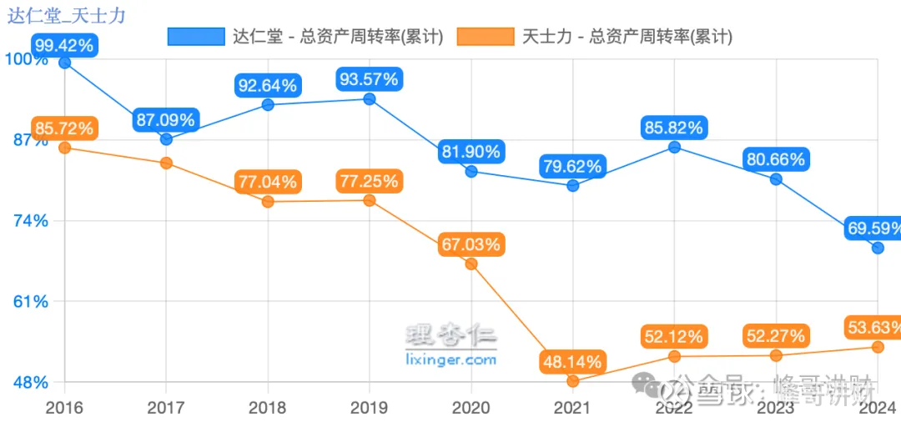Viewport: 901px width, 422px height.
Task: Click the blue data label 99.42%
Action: coord(63,44)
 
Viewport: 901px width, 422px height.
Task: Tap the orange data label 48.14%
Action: coord(571,362)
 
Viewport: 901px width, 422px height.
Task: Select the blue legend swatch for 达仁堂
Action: coord(196,36)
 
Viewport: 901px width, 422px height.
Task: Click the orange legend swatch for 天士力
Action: coord(486,36)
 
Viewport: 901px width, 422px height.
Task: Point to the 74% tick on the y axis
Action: coord(28,221)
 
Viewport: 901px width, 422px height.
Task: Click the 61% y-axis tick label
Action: coord(28,302)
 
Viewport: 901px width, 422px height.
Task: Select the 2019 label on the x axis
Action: coord(369,408)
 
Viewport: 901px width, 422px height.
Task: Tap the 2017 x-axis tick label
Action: coord(166,408)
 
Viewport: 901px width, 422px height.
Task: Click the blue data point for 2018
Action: coord(268,104)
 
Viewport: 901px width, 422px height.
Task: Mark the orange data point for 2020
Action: coord(471,264)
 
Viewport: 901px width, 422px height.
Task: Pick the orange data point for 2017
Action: coord(166,163)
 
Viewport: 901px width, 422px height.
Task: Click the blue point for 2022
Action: coord(674,147)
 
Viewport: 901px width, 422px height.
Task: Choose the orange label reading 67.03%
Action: coord(471,244)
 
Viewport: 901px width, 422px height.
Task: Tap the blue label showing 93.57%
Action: coord(369,80)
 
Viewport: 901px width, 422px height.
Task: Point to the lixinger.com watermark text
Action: coord(450,359)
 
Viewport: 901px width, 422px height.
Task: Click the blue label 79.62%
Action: coord(571,167)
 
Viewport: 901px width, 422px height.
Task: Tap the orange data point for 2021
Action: coord(572,381)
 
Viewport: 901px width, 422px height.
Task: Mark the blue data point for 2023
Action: coord(776,178)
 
